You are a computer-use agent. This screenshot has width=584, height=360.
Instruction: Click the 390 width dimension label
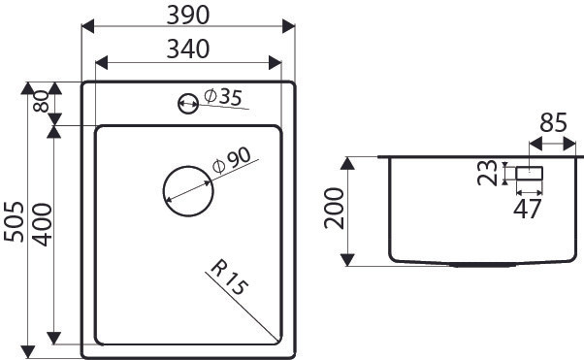[x=188, y=16]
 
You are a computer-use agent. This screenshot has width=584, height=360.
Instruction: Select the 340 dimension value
[x=188, y=49]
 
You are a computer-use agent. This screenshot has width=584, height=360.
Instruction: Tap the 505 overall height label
[x=15, y=222]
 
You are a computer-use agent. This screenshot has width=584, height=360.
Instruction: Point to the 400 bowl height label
[x=42, y=224]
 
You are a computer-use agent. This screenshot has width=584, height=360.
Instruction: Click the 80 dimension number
[x=42, y=101]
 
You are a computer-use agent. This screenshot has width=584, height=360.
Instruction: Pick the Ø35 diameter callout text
[x=223, y=97]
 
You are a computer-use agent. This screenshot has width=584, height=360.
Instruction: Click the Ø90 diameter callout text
[x=232, y=161]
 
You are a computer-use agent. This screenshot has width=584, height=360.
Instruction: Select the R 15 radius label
[x=229, y=278]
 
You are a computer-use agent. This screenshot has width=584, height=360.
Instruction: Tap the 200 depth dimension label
[x=334, y=208]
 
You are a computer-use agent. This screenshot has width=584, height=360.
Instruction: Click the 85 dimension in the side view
[x=553, y=122]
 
